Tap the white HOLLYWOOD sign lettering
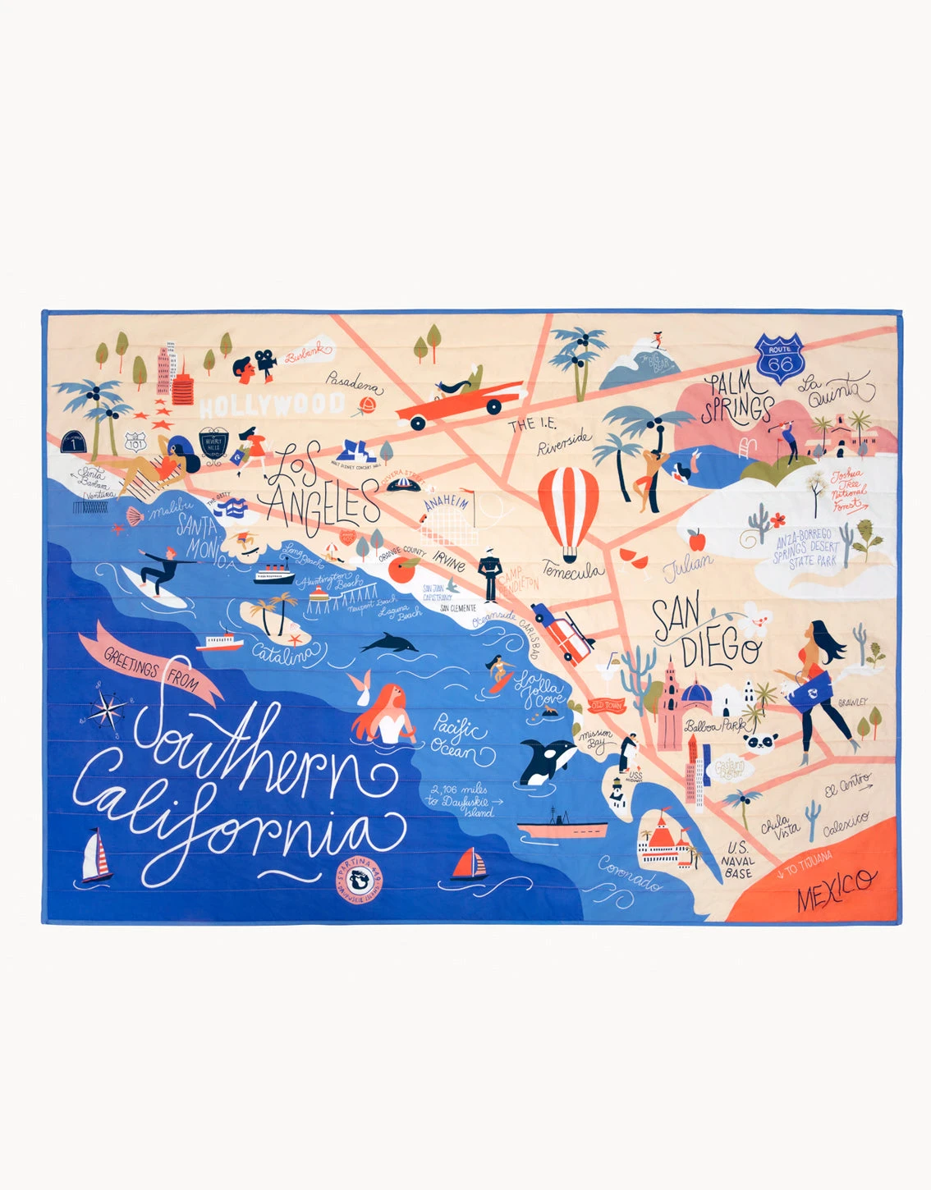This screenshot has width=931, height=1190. [272, 405]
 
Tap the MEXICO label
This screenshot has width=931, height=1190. [836, 889]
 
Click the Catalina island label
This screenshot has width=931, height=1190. [283, 654]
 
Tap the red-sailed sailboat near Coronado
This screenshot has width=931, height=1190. [469, 863]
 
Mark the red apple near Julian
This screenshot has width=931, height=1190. [697, 540]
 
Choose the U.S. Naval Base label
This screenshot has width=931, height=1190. [736, 860]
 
